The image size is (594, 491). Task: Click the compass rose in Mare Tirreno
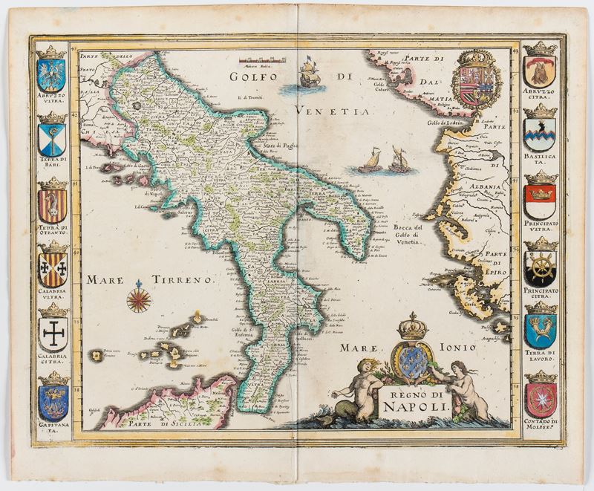(139, 299)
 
